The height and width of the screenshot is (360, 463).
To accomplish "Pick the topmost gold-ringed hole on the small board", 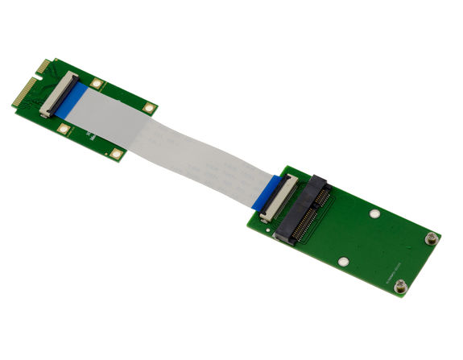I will [x=97, y=82].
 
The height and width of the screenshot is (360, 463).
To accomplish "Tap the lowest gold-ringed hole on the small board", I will [x=116, y=154].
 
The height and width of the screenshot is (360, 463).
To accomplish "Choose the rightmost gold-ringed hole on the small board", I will [x=148, y=107].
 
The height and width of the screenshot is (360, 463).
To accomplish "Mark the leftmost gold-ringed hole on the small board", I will [x=64, y=127].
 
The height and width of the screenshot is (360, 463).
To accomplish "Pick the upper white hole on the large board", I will [x=374, y=214].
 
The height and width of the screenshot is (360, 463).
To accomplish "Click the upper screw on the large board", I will [x=432, y=238].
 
